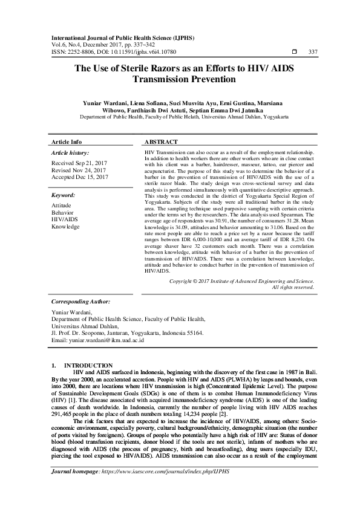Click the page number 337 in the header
(x=313, y=51)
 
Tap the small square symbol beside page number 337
(x=295, y=51)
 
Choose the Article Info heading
(x=67, y=141)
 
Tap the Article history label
(x=70, y=154)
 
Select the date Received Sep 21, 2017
(x=79, y=164)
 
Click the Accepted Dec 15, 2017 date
(x=80, y=177)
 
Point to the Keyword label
(x=63, y=195)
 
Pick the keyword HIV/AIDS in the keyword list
(x=66, y=219)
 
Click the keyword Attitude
(x=62, y=206)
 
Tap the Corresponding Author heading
(x=80, y=300)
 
